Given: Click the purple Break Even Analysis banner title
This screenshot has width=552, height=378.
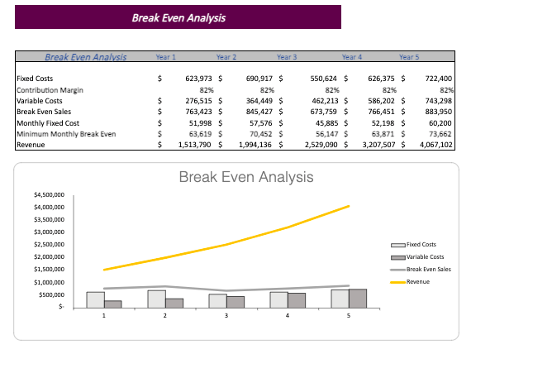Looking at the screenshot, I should (x=178, y=17).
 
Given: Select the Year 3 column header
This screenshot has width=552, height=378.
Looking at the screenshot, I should (x=287, y=57).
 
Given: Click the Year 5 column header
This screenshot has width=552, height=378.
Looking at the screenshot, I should (x=409, y=57).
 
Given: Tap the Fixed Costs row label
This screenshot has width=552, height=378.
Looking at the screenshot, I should (x=36, y=79).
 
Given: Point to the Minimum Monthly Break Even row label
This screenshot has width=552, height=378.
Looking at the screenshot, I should (x=66, y=133).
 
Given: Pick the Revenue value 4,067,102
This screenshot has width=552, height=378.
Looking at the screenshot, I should (x=436, y=144).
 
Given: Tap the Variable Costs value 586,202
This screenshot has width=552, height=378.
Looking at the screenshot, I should (x=379, y=100).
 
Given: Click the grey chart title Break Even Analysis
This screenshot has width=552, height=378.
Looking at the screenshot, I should (x=246, y=177).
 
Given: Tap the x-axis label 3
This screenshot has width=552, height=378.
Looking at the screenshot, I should (x=226, y=316).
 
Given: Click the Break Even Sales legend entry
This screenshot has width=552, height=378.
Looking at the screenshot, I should (x=428, y=270).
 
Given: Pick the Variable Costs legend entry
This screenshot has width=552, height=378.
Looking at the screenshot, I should (x=425, y=257).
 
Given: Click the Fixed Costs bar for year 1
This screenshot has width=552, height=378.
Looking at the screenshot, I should (x=95, y=299).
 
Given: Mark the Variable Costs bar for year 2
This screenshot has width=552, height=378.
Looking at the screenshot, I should (x=174, y=303).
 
